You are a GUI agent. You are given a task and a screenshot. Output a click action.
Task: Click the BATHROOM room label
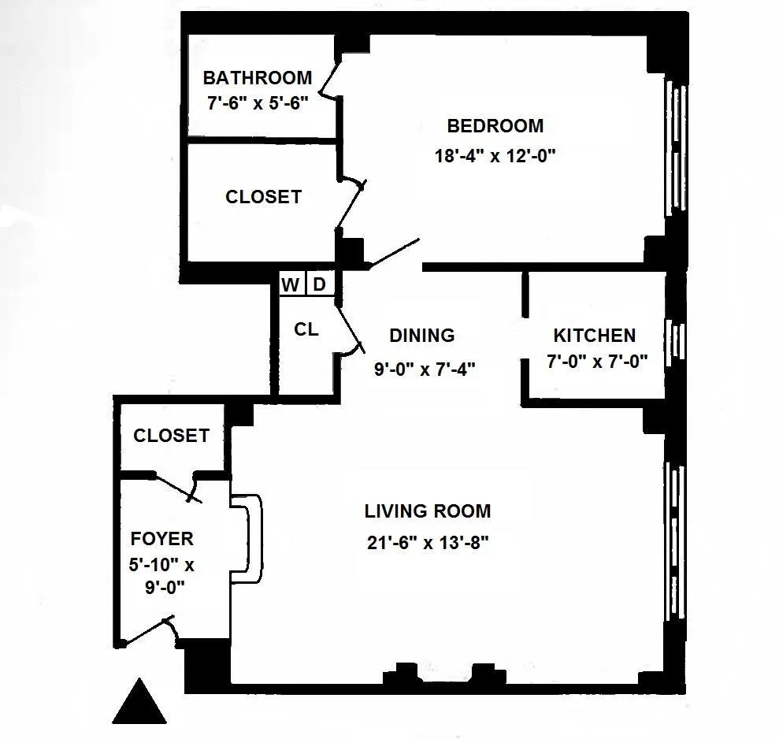pyautogui.click(x=257, y=78)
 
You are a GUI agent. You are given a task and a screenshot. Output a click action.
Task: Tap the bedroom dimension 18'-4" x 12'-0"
pyautogui.click(x=495, y=155)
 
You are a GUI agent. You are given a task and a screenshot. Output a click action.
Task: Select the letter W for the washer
pyautogui.click(x=291, y=284)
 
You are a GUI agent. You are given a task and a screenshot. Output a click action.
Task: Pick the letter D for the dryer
pyautogui.click(x=319, y=284)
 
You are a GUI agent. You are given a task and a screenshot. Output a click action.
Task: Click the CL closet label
pyautogui.click(x=306, y=330)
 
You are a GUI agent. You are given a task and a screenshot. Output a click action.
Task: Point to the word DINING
pyautogui.click(x=422, y=336)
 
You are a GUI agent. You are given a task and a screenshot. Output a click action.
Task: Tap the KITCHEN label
pyautogui.click(x=594, y=336)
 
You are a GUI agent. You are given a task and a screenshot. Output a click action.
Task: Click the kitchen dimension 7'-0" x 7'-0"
pyautogui.click(x=597, y=362)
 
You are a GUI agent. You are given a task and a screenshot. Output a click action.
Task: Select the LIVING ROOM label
pyautogui.click(x=427, y=511)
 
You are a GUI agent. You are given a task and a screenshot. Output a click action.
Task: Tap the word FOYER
pyautogui.click(x=161, y=539)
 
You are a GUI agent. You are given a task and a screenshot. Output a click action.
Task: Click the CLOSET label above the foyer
pyautogui.click(x=171, y=436)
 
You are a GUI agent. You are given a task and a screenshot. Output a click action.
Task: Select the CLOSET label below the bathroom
pyautogui.click(x=263, y=197)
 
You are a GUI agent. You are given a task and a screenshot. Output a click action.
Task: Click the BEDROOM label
pyautogui.click(x=495, y=126)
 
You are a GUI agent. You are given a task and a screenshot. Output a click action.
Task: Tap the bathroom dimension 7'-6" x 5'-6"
pyautogui.click(x=257, y=103)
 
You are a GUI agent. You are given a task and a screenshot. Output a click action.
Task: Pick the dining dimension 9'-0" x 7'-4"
pyautogui.click(x=424, y=367)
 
